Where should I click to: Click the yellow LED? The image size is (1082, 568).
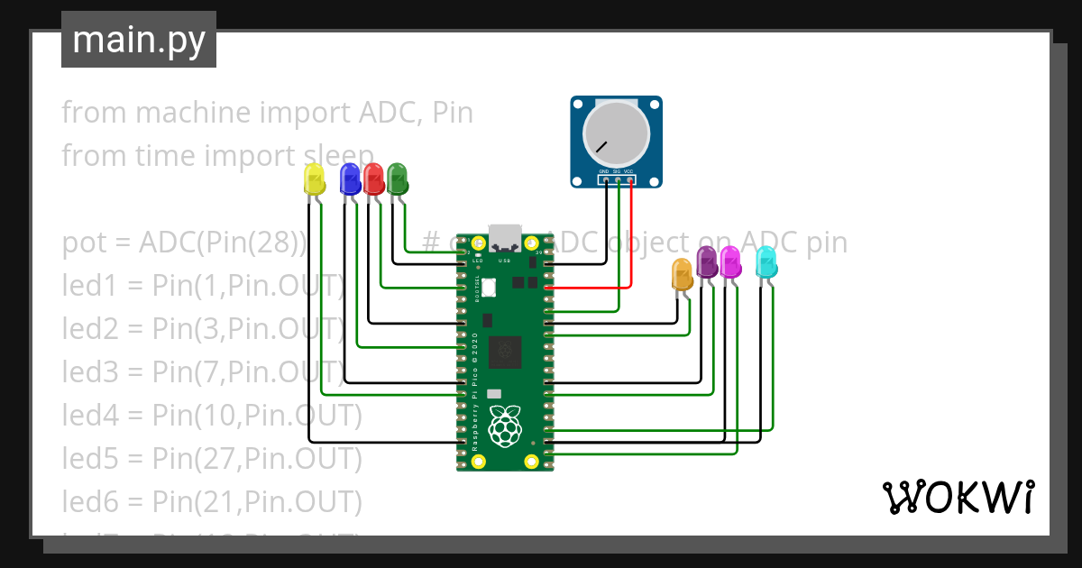pyautogui.click(x=314, y=179)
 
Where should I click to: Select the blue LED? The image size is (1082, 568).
pyautogui.click(x=349, y=179)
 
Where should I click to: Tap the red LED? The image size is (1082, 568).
pyautogui.click(x=373, y=178)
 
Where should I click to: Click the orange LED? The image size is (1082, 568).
pyautogui.click(x=683, y=274)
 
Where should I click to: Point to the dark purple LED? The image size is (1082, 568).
pyautogui.click(x=707, y=263)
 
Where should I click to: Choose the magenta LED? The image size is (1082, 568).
pyautogui.click(x=730, y=261)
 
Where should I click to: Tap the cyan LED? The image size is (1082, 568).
pyautogui.click(x=766, y=262)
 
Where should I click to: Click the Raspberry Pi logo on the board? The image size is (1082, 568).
pyautogui.click(x=505, y=426)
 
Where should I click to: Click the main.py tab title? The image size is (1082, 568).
pyautogui.click(x=139, y=40)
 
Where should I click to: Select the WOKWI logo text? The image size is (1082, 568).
pyautogui.click(x=958, y=497)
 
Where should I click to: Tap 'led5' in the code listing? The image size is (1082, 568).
pyautogui.click(x=90, y=459)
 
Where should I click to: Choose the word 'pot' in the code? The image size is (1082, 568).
pyautogui.click(x=82, y=243)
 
